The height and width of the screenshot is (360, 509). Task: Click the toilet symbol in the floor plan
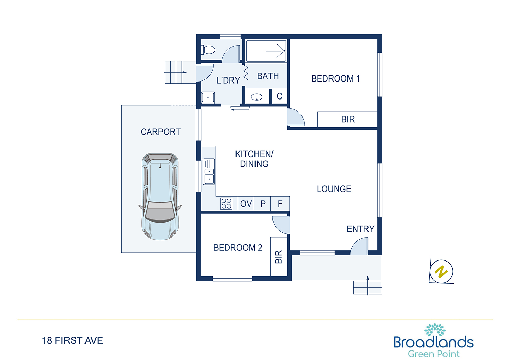click(x=208, y=50)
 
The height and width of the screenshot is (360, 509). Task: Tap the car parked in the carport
click(x=160, y=197)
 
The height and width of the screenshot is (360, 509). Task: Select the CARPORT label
click(x=161, y=132)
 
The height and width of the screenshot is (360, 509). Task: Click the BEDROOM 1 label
click(x=335, y=79)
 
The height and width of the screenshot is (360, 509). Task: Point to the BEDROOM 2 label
click(x=238, y=248)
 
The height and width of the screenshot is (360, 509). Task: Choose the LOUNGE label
click(x=334, y=189)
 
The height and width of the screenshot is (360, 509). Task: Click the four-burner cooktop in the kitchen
click(x=226, y=203)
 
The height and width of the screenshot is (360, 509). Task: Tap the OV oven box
click(x=246, y=203)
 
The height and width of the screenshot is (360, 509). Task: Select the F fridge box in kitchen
click(x=280, y=203)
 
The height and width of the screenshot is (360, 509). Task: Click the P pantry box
click(x=263, y=203)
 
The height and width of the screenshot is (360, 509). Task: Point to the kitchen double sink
click(x=209, y=172)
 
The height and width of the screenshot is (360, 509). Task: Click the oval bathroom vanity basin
click(x=257, y=97)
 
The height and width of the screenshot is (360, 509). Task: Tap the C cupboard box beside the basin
click(x=280, y=96)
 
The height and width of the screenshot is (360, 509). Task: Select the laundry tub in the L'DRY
click(x=208, y=97)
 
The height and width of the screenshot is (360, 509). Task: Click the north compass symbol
click(x=441, y=272)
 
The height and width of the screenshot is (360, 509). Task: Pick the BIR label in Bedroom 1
click(x=348, y=120)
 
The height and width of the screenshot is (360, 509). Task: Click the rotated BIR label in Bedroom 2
click(x=279, y=257)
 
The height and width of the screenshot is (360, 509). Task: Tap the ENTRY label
click(x=361, y=229)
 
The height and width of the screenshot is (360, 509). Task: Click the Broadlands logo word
click(x=434, y=342)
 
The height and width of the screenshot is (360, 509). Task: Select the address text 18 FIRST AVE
click(x=73, y=340)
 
